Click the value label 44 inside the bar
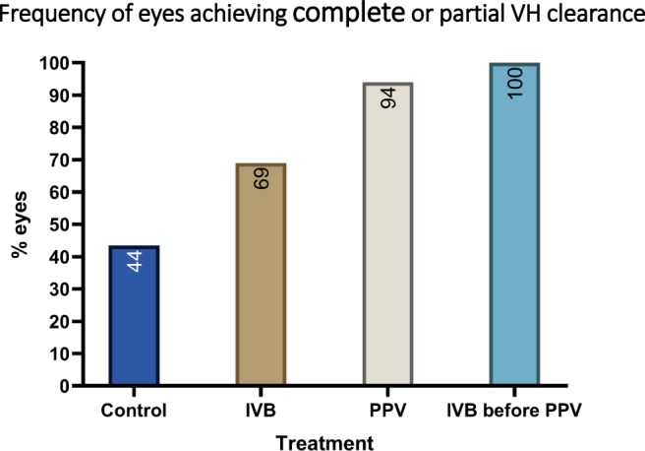(135, 261)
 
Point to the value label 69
(262, 179)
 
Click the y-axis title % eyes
(20, 225)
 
